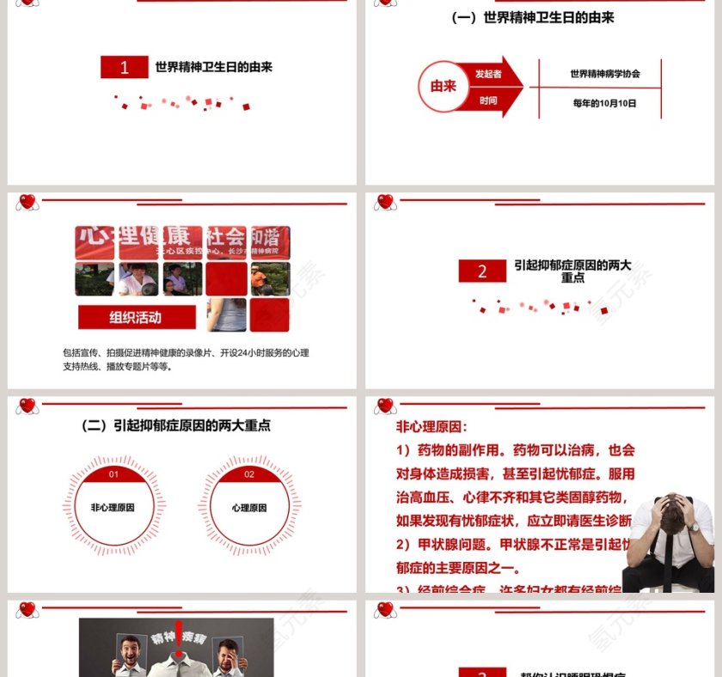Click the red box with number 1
(x=125, y=68)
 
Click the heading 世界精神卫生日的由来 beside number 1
(x=213, y=67)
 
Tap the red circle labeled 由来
(x=444, y=86)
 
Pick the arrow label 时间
(x=488, y=101)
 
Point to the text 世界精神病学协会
(x=604, y=74)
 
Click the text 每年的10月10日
(x=604, y=103)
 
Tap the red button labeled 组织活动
(x=136, y=317)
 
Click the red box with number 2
(x=482, y=271)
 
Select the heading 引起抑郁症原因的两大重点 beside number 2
(x=572, y=271)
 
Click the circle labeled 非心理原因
(x=113, y=508)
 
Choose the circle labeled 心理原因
(x=249, y=508)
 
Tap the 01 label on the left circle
(x=113, y=474)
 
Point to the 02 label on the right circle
(x=249, y=474)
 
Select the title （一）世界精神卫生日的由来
(x=533, y=17)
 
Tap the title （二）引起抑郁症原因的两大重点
(x=176, y=425)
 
